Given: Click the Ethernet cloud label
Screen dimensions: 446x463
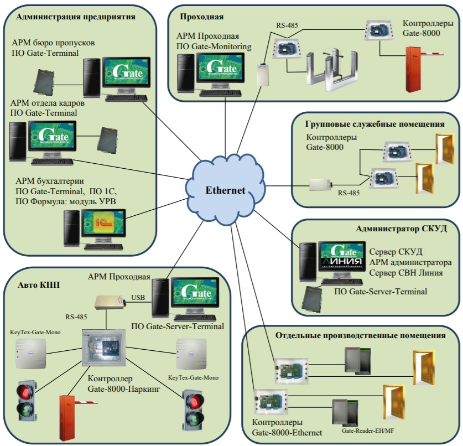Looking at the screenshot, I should (225, 190).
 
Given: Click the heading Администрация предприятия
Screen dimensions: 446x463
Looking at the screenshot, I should (76, 17).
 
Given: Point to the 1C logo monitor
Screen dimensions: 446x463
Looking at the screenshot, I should (103, 224).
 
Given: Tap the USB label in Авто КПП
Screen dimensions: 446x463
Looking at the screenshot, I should (138, 298).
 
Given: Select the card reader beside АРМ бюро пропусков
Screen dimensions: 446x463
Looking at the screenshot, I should (43, 81).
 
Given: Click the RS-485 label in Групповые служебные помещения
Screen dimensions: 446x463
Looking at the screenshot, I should (350, 194).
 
